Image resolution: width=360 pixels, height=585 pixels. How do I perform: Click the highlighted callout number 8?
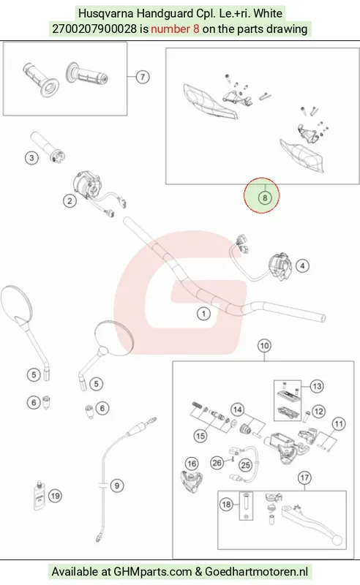point(265,197)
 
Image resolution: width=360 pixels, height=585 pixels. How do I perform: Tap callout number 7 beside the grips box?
point(142,77)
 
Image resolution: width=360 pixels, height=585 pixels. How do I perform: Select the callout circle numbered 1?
point(203,314)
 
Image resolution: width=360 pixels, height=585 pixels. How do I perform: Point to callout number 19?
point(56,496)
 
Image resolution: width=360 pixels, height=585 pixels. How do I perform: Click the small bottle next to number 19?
point(39,496)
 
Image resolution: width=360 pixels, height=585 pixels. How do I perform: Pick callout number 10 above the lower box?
point(264,346)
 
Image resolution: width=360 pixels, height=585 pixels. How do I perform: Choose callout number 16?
point(192,464)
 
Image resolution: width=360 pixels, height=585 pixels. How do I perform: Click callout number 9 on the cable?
point(117,486)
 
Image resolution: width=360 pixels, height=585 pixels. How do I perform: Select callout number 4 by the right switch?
point(302,265)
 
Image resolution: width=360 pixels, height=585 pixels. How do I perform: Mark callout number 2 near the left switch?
point(70,200)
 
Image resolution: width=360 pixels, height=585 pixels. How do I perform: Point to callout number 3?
point(31,158)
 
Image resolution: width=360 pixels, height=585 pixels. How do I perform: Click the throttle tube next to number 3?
point(48,147)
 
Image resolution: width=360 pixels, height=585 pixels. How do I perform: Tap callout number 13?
point(317,386)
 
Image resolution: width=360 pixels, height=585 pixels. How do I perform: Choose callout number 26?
point(217,463)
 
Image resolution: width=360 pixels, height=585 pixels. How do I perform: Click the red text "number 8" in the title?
point(175,29)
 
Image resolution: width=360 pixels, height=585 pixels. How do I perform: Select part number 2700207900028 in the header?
point(94,29)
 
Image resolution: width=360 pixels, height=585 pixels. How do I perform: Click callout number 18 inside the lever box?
point(226,505)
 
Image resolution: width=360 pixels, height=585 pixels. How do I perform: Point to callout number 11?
point(339,424)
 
